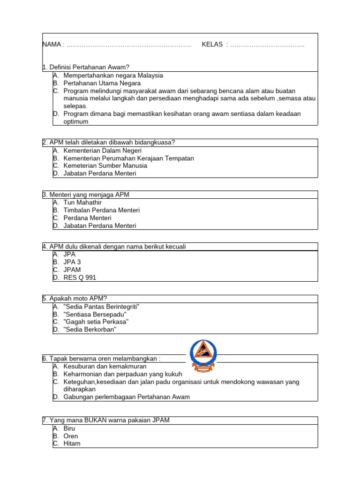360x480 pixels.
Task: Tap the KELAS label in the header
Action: pyautogui.click(x=212, y=45)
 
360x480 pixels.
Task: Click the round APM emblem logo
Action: pyautogui.click(x=203, y=357)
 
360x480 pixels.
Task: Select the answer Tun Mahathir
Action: pyautogui.click(x=82, y=202)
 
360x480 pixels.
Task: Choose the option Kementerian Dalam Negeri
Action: pyautogui.click(x=102, y=150)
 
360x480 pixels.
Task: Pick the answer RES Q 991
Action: pyautogui.click(x=80, y=277)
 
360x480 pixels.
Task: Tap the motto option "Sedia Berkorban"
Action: pyautogui.click(x=90, y=330)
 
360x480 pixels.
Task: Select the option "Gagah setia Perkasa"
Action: pyautogui.click(x=96, y=322)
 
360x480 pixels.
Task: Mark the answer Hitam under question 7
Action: pyautogui.click(x=72, y=443)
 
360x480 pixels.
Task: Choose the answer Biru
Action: pyautogui.click(x=69, y=428)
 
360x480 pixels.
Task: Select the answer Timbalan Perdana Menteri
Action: pyautogui.click(x=102, y=210)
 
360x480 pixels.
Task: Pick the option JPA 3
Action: pyautogui.click(x=72, y=262)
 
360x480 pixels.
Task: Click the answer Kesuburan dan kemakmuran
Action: pyautogui.click(x=105, y=366)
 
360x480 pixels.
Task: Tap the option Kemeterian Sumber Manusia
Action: pyautogui.click(x=105, y=165)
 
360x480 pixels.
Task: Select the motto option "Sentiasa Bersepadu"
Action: pyautogui.click(x=95, y=314)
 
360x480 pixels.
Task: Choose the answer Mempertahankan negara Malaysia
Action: pyautogui.click(x=113, y=75)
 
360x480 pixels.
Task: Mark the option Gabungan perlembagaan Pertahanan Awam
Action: pyautogui.click(x=127, y=397)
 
